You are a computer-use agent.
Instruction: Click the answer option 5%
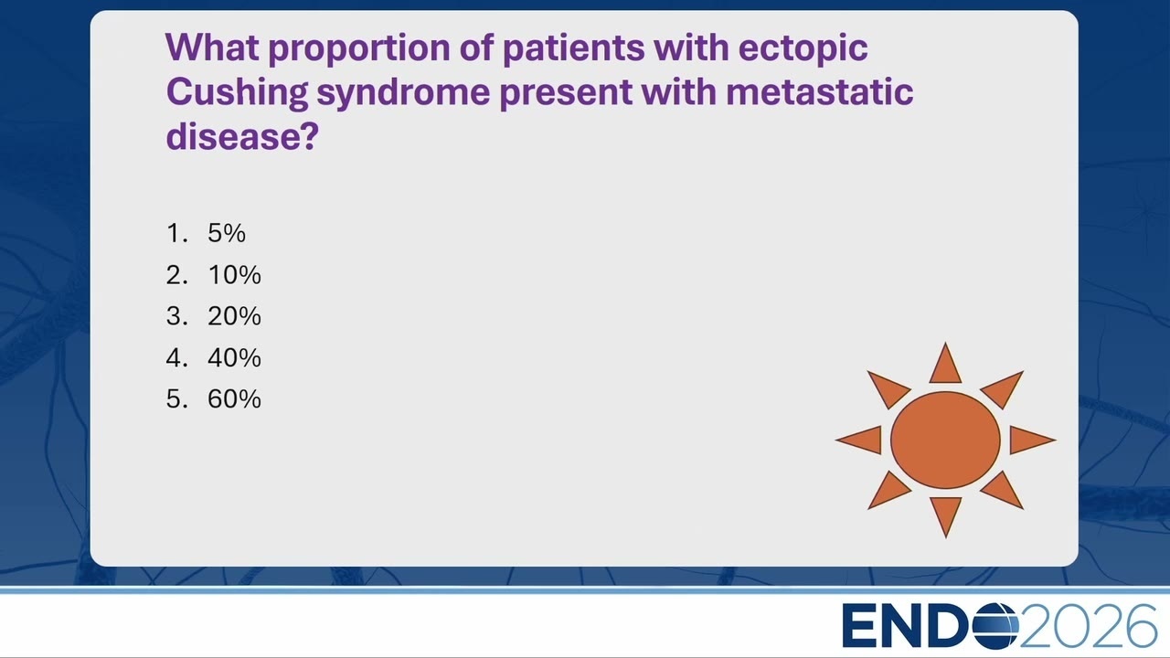(226, 233)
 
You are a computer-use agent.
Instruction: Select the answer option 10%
(234, 275)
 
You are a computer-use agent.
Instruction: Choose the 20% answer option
(234, 316)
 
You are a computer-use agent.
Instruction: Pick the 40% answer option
(234, 357)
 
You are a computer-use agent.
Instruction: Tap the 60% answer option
(234, 399)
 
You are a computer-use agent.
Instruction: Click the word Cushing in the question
(237, 92)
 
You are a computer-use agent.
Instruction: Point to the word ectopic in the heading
(803, 48)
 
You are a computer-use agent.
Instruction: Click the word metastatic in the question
(820, 92)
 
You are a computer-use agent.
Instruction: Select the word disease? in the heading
(242, 136)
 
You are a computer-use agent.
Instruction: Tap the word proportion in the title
(359, 48)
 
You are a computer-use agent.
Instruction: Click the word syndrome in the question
(403, 92)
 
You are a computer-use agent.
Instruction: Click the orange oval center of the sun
(945, 440)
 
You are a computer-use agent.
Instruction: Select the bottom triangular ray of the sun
(945, 514)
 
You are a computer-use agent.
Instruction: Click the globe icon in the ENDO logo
(995, 626)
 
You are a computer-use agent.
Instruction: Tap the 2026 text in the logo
(1088, 626)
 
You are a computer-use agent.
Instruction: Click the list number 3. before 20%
(177, 316)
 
